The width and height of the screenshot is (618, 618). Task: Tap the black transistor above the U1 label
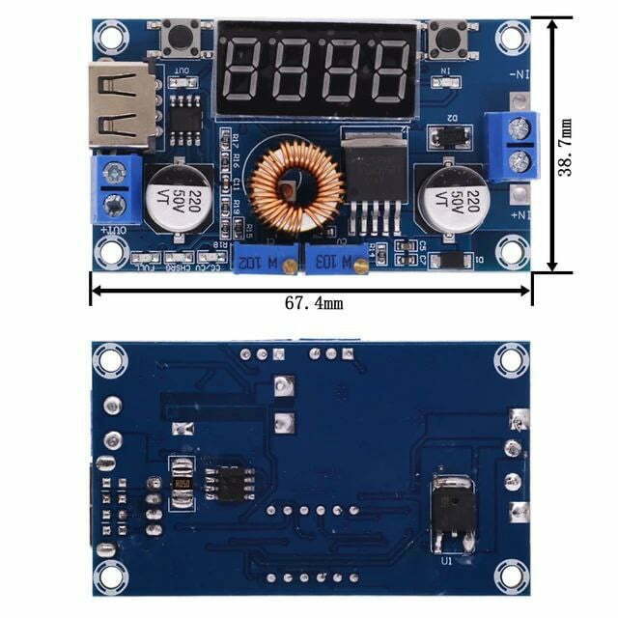(x=450, y=509)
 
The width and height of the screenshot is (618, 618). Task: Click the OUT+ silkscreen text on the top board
(x=114, y=231)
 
